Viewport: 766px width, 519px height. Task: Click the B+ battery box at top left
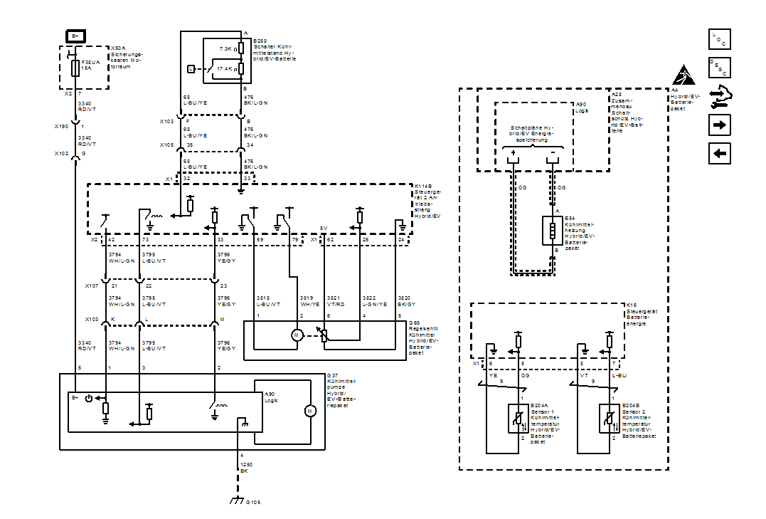click(75, 36)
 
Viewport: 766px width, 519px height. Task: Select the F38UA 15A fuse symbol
click(75, 68)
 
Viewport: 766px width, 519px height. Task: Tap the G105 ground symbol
click(238, 501)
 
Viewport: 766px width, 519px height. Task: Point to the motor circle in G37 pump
click(309, 411)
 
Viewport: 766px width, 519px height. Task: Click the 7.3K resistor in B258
click(242, 48)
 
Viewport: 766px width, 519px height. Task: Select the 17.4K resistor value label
click(226, 69)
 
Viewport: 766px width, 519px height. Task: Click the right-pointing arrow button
click(720, 125)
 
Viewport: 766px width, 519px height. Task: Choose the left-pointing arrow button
click(720, 153)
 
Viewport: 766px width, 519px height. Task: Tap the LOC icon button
click(720, 39)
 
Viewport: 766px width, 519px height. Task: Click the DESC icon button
click(720, 68)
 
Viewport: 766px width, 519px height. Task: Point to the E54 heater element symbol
click(552, 231)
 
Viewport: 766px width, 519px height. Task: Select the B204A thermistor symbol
click(518, 418)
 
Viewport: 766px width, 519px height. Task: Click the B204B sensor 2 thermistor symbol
click(610, 418)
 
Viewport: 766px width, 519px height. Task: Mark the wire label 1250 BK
click(244, 468)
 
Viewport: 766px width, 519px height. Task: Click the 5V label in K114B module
click(324, 229)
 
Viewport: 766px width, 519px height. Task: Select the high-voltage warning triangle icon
click(683, 73)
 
